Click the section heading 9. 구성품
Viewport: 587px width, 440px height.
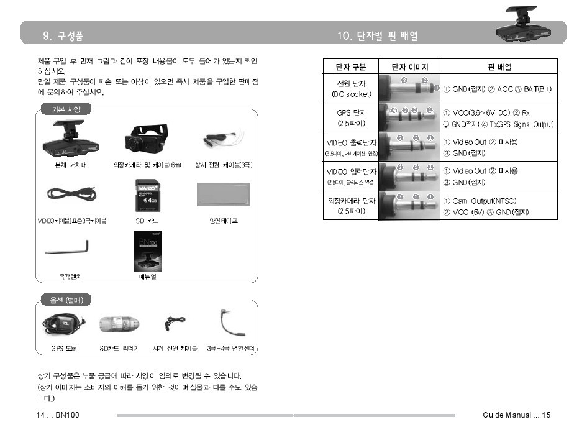[63, 36]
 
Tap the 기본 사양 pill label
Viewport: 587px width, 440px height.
[66, 109]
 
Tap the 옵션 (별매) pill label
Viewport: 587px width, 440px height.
[66, 300]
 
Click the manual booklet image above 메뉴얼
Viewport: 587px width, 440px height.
[147, 251]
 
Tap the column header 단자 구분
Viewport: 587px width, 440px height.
[350, 66]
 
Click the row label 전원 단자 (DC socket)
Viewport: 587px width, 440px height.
[351, 88]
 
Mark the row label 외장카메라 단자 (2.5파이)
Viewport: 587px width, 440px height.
[351, 206]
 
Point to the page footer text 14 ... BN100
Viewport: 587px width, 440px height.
[58, 415]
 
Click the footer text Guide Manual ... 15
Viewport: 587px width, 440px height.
[516, 415]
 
